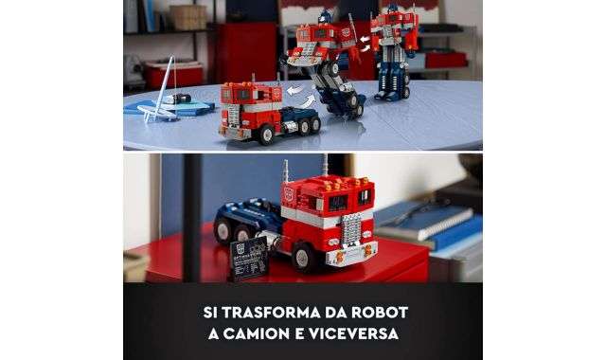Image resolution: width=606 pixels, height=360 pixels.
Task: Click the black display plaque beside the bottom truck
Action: point(248,258)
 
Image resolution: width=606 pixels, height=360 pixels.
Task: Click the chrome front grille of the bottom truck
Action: point(351,229)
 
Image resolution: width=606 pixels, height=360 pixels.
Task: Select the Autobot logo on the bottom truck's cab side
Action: point(289,193)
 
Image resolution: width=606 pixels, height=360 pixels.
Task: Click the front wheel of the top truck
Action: point(266,135)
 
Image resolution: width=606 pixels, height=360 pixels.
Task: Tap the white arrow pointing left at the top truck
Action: point(294,91)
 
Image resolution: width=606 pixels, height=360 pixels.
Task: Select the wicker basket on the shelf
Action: point(188,17)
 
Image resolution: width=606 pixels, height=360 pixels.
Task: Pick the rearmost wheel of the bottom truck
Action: point(223,229)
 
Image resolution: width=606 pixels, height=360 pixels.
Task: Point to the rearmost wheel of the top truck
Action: point(315,124)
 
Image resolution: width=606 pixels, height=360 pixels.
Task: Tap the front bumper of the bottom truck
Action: point(352,252)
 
